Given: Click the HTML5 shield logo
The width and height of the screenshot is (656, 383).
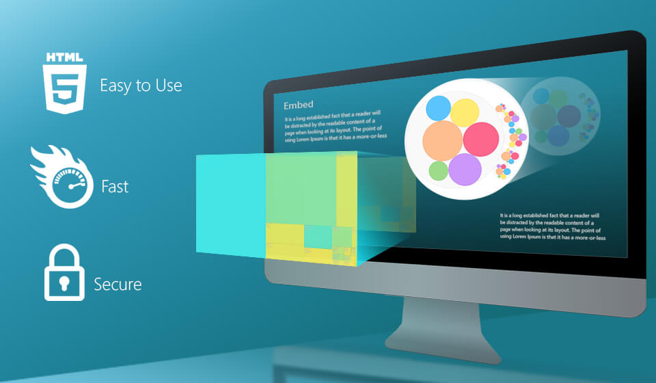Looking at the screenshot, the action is click(64, 83).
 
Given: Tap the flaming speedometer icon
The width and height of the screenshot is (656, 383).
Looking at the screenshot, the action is click(63, 176).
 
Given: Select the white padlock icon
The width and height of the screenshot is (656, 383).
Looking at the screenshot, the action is click(64, 272).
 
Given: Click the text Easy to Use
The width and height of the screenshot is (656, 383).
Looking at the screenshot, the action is click(141, 85).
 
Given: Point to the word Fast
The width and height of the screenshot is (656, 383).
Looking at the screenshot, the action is click(115, 186).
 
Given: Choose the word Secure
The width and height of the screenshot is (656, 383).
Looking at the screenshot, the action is click(118, 285).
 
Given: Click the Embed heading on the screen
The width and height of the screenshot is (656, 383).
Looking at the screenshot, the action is click(299, 105).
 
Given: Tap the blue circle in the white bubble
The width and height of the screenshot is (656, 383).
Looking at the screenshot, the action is click(438, 108).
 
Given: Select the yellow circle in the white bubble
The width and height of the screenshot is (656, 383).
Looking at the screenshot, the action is click(465, 113).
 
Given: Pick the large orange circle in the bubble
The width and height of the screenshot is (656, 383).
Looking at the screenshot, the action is click(442, 141).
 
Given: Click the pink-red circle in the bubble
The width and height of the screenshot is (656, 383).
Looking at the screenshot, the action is click(480, 139).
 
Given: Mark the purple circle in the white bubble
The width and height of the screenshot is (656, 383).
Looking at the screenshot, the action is click(465, 169).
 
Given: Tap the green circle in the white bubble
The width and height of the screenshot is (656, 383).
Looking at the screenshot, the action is click(439, 171).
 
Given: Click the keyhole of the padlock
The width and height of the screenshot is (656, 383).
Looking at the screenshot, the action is click(64, 283).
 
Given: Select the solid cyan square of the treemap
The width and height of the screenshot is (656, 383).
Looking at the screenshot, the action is click(231, 204).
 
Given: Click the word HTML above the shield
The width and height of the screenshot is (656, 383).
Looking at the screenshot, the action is click(64, 57).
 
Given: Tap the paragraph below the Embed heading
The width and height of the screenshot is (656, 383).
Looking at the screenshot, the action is click(336, 127).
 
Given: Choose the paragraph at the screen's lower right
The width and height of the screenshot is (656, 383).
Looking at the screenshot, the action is click(552, 226).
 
